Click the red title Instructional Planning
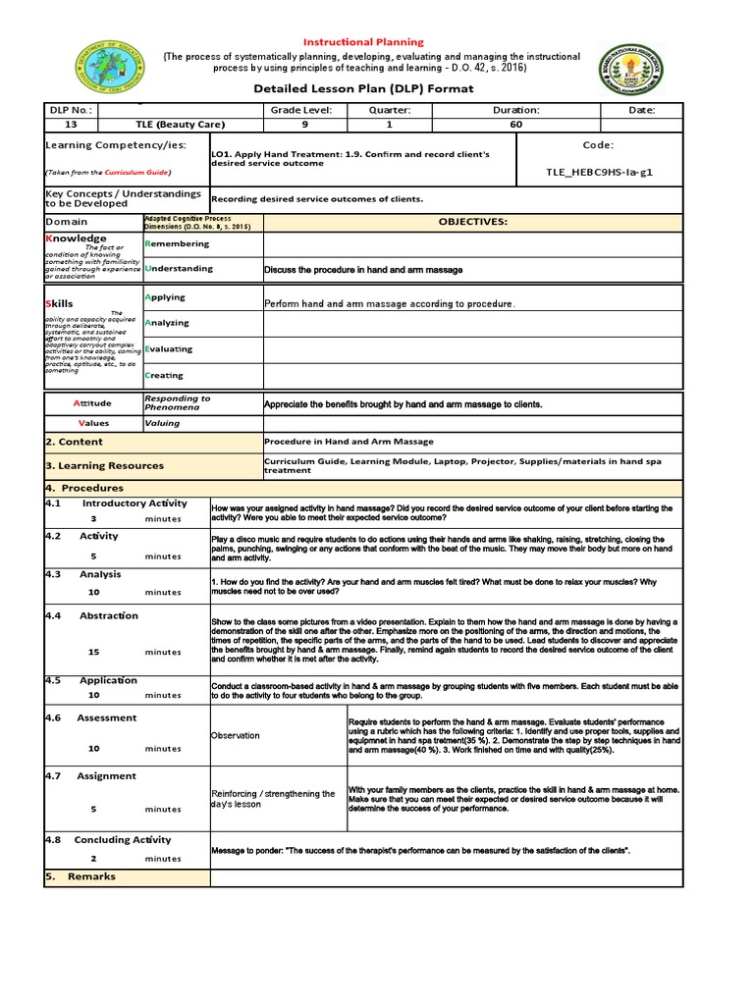(363, 42)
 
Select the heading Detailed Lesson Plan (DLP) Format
(363, 88)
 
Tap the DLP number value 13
(70, 125)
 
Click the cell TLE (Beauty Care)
(180, 125)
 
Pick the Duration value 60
(516, 125)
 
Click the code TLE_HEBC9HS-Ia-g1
(598, 172)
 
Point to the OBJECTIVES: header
(472, 222)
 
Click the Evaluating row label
(168, 348)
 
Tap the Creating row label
(164, 375)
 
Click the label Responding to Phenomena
(178, 402)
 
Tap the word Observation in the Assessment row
(236, 735)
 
